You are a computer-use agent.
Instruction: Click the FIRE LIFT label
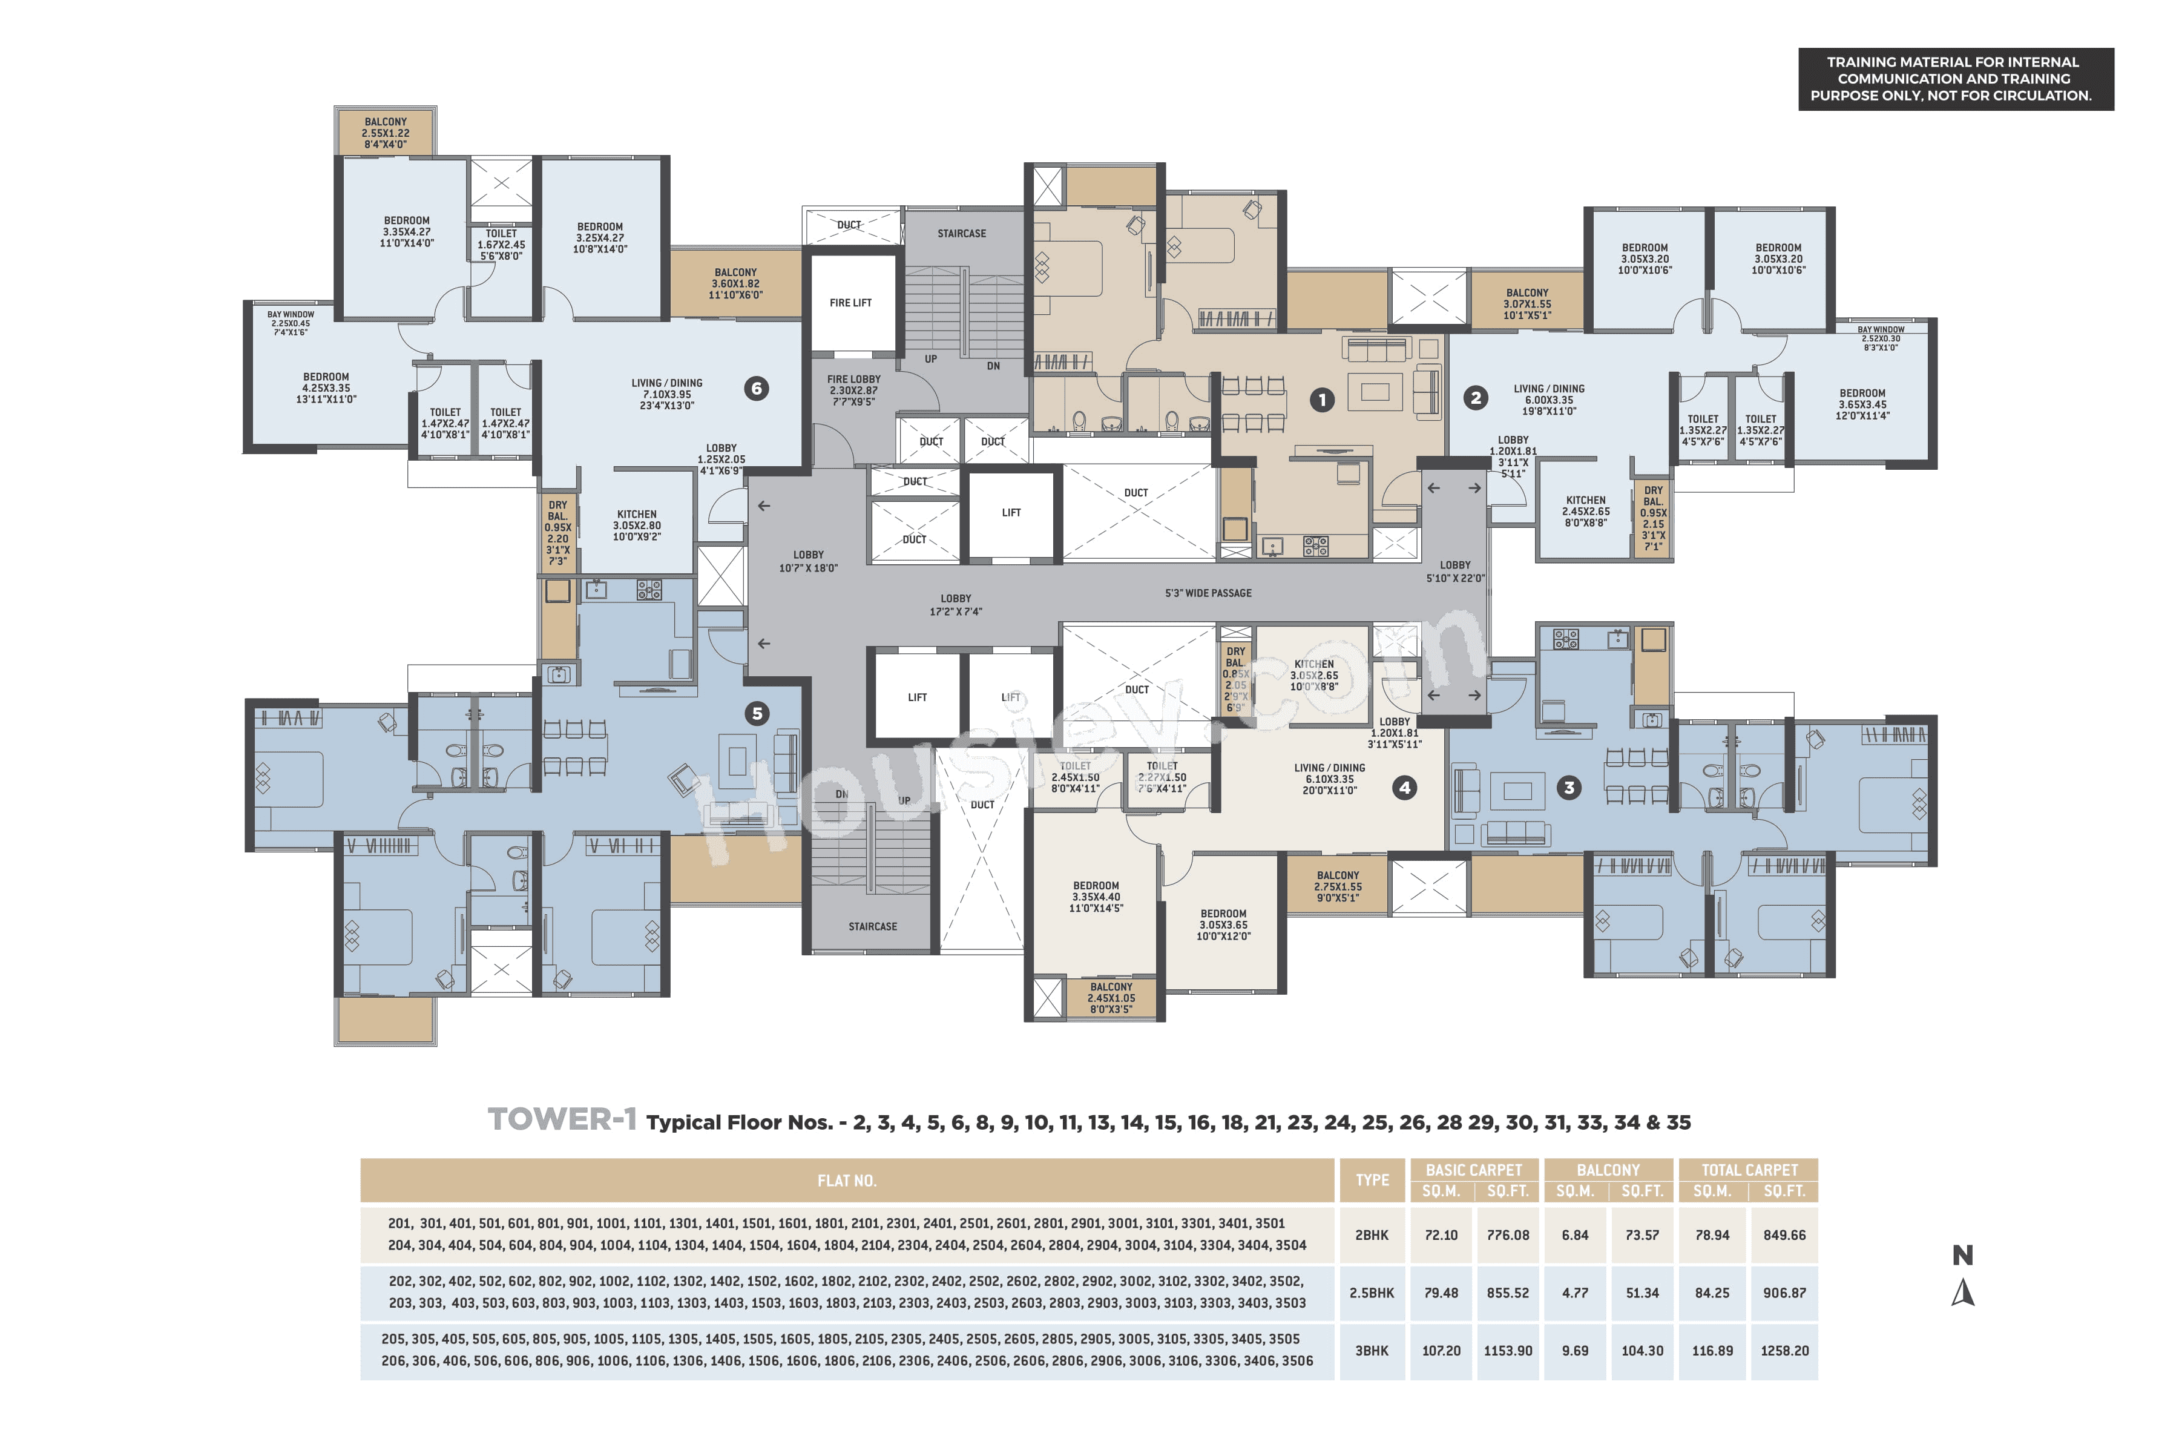click(850, 303)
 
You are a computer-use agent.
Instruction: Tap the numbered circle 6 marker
click(756, 388)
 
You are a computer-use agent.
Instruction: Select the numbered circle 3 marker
click(1568, 788)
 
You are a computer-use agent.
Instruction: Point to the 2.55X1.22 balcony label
click(384, 133)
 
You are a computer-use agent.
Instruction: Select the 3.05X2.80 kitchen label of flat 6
click(637, 526)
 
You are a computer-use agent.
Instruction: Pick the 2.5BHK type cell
click(1371, 1293)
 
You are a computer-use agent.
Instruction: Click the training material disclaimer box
click(1955, 79)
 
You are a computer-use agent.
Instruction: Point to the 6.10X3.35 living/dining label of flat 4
click(1329, 779)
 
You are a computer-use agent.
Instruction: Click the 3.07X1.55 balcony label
click(1527, 304)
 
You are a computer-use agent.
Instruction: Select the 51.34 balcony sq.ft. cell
click(1641, 1293)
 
